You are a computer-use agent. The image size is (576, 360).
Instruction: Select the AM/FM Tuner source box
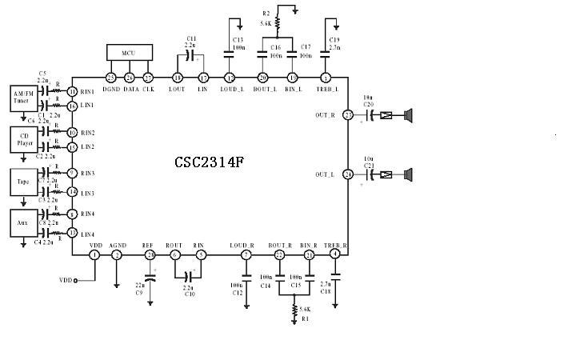coord(24,98)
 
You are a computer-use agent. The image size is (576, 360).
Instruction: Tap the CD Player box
coord(24,139)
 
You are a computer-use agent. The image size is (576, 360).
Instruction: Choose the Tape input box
coord(24,181)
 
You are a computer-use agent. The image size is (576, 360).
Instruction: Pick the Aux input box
coord(24,220)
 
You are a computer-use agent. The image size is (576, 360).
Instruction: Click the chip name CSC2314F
coord(209,162)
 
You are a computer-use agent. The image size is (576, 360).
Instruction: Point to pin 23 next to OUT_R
coord(348,115)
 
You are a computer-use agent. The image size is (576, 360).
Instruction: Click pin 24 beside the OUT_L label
coord(348,174)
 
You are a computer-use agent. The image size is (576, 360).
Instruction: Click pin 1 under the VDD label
coord(94,254)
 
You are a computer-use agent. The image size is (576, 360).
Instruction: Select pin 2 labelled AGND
coord(117,254)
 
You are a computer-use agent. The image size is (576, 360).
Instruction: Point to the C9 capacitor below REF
coord(150,280)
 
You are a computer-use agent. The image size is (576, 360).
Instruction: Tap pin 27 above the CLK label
coord(148,78)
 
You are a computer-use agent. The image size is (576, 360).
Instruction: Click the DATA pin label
coord(131,90)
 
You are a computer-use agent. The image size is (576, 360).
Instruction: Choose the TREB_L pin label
coord(326,90)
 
